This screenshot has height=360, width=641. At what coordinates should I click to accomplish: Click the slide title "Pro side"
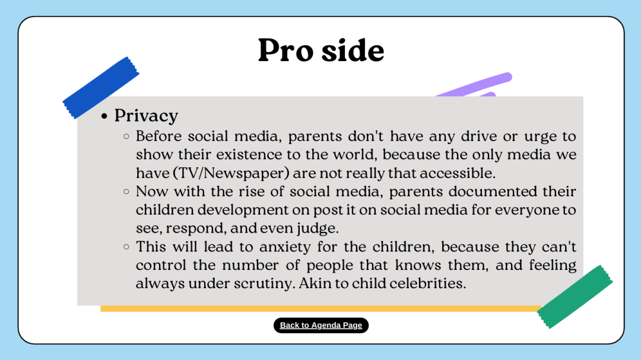point(321,50)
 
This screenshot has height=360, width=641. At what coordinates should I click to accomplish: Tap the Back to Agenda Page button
point(321,325)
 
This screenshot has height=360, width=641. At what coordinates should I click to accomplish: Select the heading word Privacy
point(146,116)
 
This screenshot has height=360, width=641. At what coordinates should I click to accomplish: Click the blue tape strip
point(100,87)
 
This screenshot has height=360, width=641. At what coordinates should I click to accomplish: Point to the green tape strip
point(575,297)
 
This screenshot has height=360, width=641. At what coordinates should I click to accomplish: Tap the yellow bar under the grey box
point(321,308)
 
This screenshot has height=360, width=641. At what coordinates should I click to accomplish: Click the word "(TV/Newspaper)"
point(231,173)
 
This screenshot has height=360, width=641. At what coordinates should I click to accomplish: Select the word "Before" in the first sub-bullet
point(159,136)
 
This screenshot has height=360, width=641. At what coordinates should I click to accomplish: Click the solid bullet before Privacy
point(104,117)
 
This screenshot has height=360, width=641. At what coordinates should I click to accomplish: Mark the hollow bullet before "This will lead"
point(126,246)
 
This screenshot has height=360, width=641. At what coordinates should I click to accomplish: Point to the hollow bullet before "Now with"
point(126,191)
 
